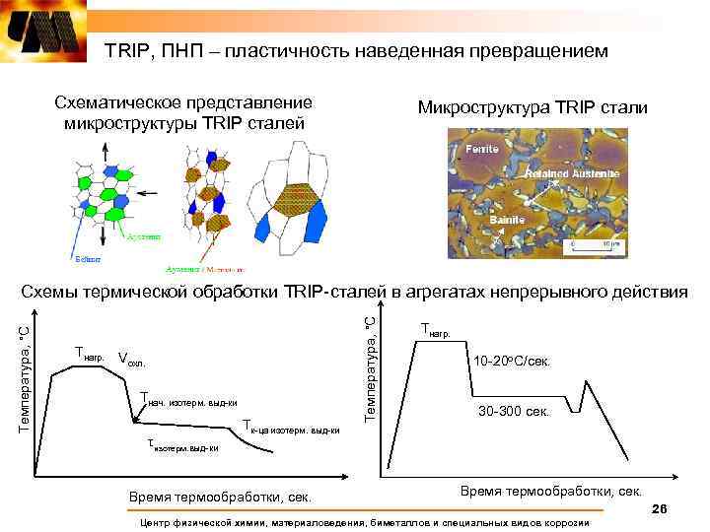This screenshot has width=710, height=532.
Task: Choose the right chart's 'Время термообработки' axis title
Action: [x=550, y=491]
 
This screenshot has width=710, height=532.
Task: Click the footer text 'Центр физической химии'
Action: [x=365, y=522]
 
